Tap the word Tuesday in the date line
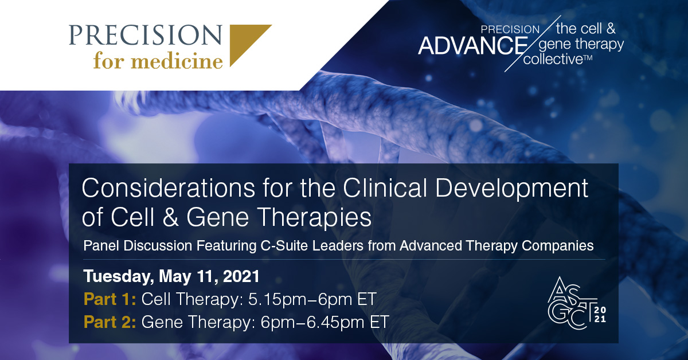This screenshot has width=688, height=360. pos(116,277)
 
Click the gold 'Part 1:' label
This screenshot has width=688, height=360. pos(109,299)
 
